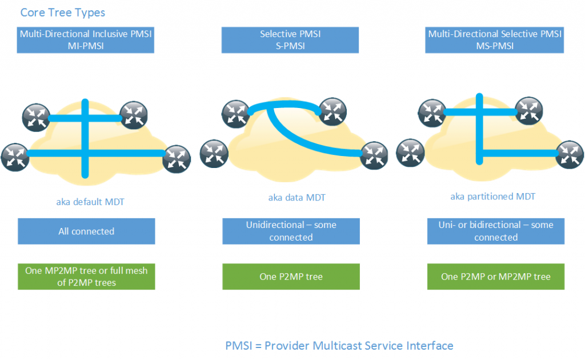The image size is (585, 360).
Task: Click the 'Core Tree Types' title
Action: coord(63,12)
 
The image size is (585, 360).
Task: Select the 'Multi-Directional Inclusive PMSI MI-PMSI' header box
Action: coord(86,40)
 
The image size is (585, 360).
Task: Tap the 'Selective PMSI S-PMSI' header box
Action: coord(291,40)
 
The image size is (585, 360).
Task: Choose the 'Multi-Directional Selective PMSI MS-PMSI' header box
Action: coord(495,40)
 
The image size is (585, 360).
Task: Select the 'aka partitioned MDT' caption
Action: coord(492,197)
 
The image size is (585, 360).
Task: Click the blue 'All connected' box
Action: coord(86,231)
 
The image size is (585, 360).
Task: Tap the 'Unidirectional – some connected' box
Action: coord(291,231)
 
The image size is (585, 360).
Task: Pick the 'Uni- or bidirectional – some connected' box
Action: coord(495,231)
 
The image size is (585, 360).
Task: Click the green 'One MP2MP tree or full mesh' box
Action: coord(86,277)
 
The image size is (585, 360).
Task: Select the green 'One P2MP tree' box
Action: coord(291,277)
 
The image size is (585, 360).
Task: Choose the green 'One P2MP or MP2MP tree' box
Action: coord(495,277)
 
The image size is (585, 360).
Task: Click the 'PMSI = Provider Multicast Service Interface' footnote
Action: coord(339,346)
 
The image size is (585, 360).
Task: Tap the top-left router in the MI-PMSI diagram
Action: coord(37,118)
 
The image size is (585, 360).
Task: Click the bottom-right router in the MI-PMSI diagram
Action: coord(177,160)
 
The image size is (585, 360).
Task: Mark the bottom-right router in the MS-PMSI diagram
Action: coord(570,155)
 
